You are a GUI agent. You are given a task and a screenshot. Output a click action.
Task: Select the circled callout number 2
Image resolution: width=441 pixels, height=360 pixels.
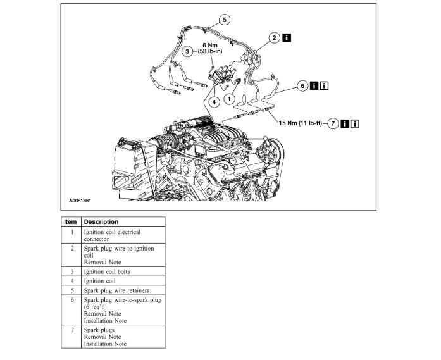click(x=273, y=38)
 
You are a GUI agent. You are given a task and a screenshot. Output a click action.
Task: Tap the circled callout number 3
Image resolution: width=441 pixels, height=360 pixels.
click(x=187, y=52)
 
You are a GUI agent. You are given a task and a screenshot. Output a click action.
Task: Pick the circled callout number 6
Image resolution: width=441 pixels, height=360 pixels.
click(x=302, y=84)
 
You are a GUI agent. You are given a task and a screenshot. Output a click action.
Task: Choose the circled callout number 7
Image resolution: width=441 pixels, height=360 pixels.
click(x=333, y=123)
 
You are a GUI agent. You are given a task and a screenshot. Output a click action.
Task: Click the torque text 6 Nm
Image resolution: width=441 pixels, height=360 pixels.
click(x=210, y=45)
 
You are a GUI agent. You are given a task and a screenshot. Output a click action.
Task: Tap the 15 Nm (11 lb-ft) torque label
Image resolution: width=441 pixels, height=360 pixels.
click(x=301, y=123)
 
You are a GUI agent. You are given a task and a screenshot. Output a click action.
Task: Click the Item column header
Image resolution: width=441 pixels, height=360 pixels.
click(x=70, y=222)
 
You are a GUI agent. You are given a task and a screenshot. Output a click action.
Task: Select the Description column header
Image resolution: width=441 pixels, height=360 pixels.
click(x=101, y=222)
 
